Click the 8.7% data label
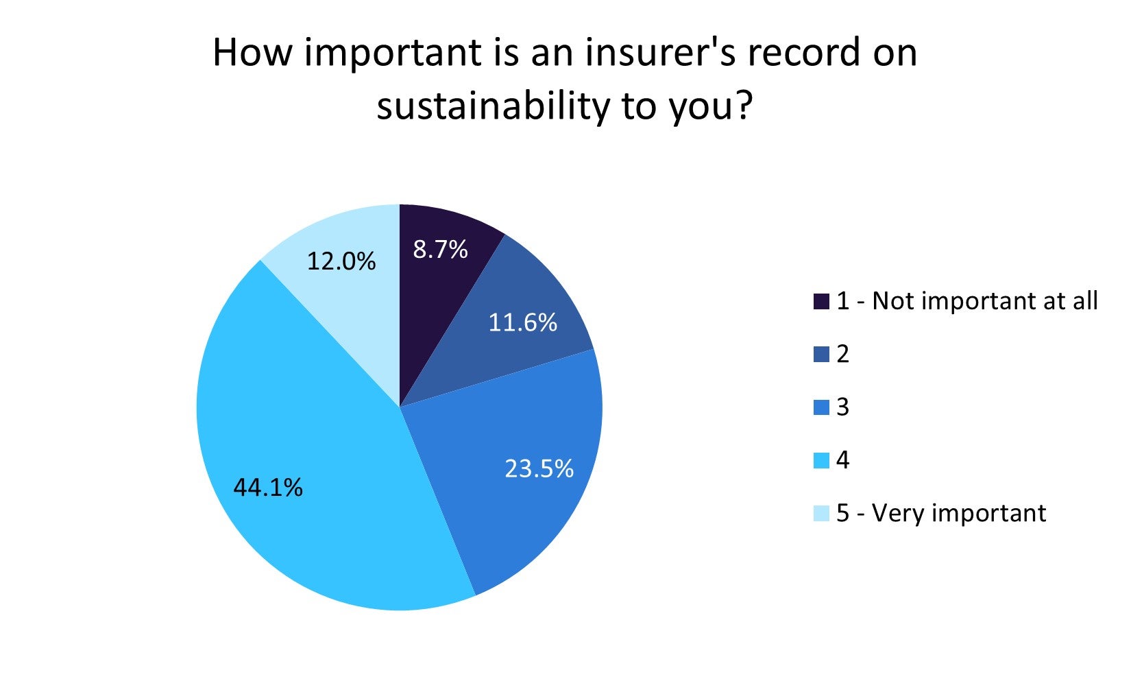point(440,250)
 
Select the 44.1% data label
point(268,488)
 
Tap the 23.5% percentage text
point(539,468)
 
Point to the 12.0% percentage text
point(341,261)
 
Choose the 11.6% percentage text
point(522,322)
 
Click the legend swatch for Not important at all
point(821,302)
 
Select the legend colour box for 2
point(821,355)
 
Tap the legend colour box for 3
point(821,407)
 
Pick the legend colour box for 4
point(821,460)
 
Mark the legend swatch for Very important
point(821,513)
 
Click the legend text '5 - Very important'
point(941,513)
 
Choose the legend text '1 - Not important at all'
point(967,301)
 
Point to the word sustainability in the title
point(493,106)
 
